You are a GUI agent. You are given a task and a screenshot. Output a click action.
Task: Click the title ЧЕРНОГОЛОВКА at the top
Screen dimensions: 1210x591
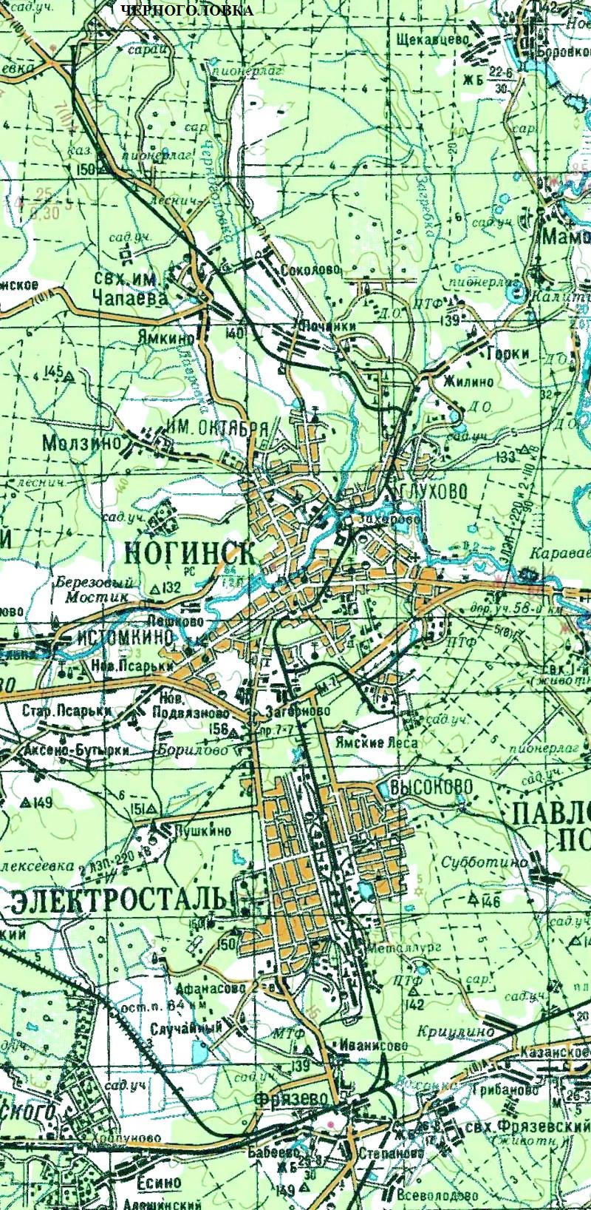pyautogui.click(x=185, y=10)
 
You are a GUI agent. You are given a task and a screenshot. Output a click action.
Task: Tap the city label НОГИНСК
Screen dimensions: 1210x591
pyautogui.click(x=191, y=553)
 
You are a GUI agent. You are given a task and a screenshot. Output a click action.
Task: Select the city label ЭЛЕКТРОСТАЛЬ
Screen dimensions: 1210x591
pyautogui.click(x=118, y=899)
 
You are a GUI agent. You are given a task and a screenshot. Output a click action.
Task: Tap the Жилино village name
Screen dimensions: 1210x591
pyautogui.click(x=468, y=382)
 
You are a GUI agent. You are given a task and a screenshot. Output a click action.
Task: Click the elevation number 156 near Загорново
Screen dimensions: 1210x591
pyautogui.click(x=219, y=729)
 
